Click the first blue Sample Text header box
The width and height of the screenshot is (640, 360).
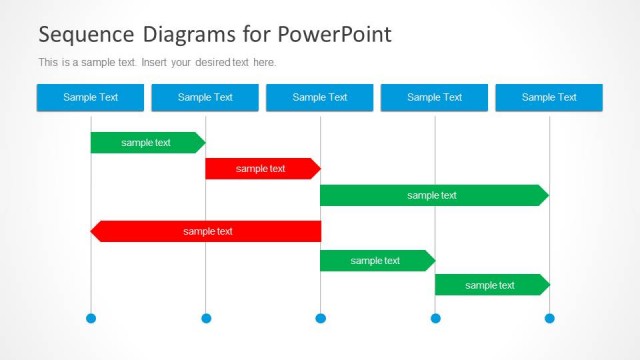(90, 97)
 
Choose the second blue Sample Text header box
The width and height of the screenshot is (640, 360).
(205, 97)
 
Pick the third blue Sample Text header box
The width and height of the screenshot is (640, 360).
(320, 97)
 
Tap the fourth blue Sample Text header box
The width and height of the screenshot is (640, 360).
(434, 97)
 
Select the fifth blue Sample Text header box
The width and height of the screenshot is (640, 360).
(549, 97)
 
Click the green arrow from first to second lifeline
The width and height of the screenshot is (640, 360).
(146, 142)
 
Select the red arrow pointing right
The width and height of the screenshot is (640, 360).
(261, 168)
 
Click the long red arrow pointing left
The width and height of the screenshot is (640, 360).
(207, 231)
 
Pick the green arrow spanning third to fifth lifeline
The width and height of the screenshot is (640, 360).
(432, 195)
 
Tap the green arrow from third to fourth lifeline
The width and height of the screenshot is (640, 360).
(375, 260)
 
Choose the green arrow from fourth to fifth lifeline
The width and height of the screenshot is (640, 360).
(490, 285)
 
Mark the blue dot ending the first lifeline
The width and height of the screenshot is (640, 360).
(91, 318)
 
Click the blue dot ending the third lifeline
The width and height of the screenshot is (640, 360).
(320, 318)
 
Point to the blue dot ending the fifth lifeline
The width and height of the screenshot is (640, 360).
(549, 318)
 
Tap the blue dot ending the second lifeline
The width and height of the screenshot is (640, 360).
(206, 318)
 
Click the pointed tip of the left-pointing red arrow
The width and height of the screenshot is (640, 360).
(94, 231)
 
